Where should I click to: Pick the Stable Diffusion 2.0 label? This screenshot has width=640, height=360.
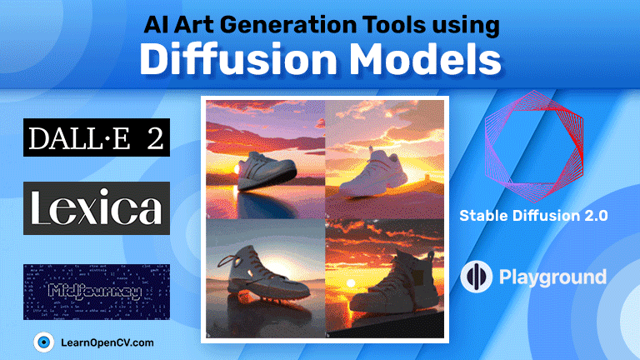[x=533, y=216]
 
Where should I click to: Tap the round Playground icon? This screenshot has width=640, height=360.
[x=475, y=277]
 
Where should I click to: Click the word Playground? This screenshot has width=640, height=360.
[x=552, y=277]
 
